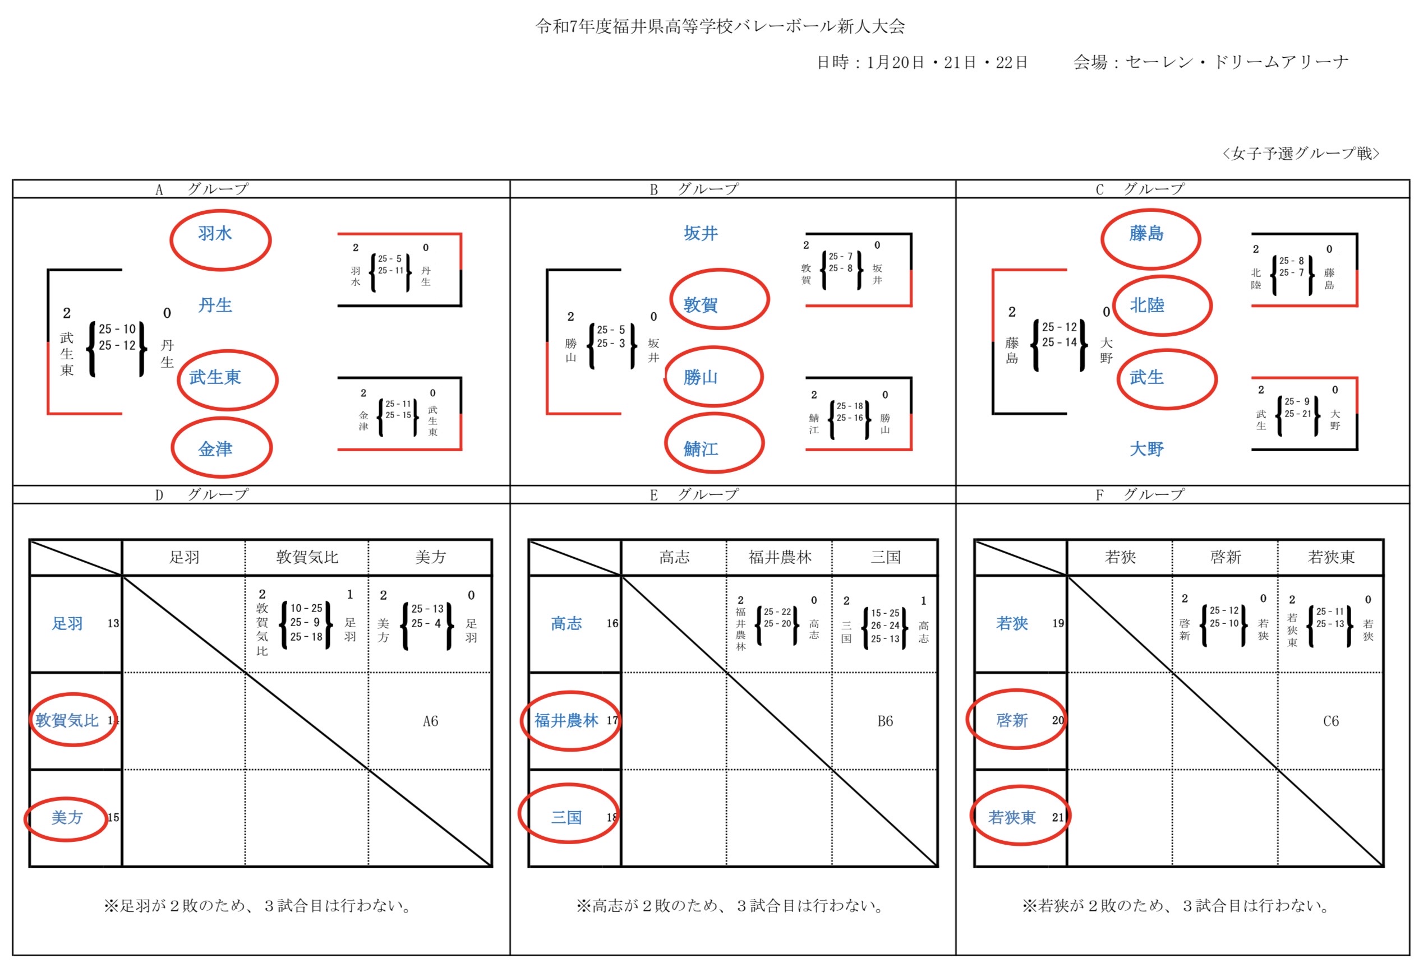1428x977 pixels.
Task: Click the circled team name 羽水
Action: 215,233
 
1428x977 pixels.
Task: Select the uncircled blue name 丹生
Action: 215,305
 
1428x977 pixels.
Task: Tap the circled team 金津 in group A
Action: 215,449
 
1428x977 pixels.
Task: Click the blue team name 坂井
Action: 701,233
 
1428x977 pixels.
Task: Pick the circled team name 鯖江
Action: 701,449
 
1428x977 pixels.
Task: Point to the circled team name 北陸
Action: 1146,305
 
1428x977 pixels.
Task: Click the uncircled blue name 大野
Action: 1146,449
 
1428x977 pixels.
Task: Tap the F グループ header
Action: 1140,495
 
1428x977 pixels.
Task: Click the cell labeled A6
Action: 430,721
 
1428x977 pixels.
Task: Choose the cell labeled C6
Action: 1330,721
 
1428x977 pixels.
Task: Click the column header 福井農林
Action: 779,558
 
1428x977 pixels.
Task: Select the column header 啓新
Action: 1225,558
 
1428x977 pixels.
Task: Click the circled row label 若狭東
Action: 1011,817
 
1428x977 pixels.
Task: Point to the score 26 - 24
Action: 885,626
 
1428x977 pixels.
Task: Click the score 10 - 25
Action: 306,609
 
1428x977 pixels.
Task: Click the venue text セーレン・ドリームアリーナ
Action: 1236,62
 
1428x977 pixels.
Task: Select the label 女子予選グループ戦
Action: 1300,154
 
